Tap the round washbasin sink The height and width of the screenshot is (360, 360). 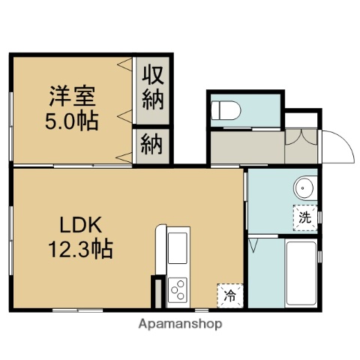pos(304,187)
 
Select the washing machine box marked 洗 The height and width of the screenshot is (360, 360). pos(304,218)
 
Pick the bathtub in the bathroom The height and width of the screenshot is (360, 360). pos(301,273)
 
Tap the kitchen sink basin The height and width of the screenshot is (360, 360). pos(178,247)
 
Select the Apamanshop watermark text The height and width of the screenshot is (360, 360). pos(180,324)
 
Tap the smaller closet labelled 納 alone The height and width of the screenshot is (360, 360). pos(154,145)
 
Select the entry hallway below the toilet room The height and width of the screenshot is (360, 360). pos(247,148)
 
